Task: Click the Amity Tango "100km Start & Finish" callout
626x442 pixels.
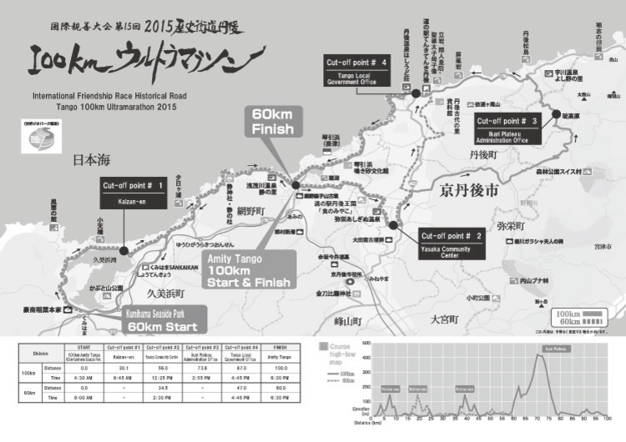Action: pyautogui.click(x=250, y=271)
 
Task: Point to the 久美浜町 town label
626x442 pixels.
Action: pyautogui.click(x=168, y=294)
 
